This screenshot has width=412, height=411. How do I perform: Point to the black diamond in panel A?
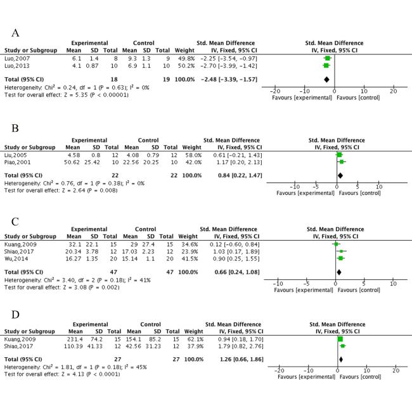[x=326, y=79]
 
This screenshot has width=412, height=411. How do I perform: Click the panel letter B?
[x=16, y=128]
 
